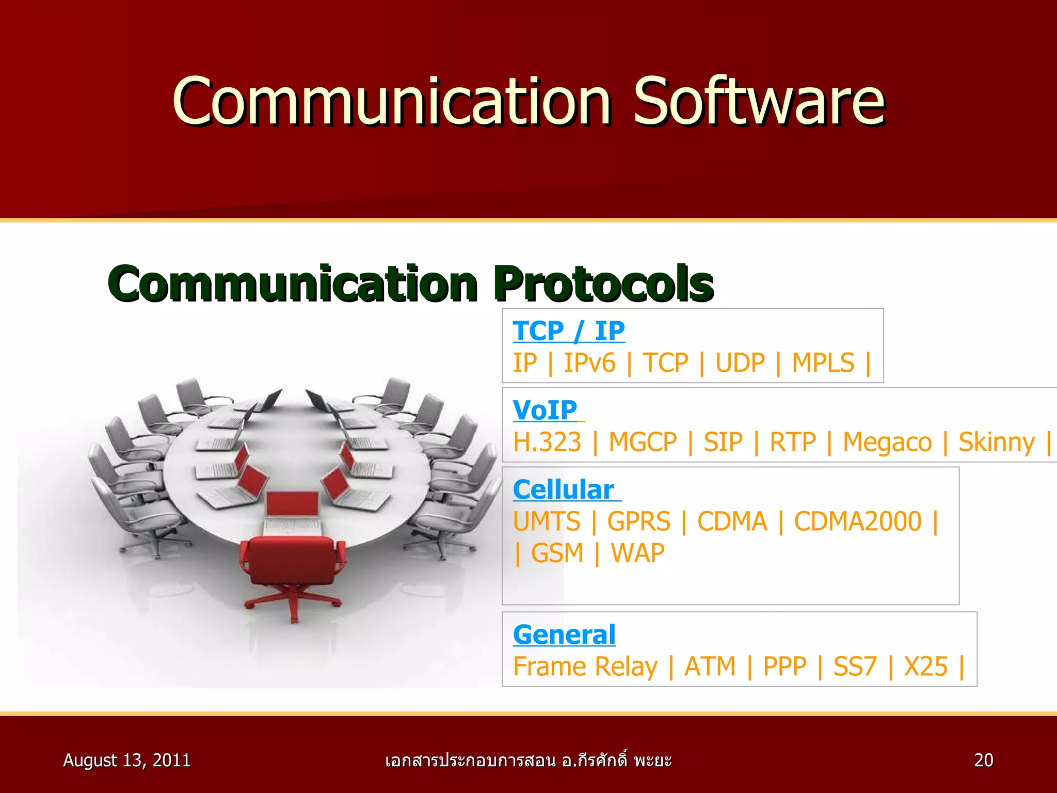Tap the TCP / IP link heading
click(568, 330)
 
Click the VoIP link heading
click(545, 410)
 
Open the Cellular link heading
click(564, 489)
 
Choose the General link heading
click(564, 634)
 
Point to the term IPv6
click(589, 362)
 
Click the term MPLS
click(823, 362)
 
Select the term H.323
click(547, 442)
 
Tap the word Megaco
click(887, 442)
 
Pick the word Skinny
click(996, 442)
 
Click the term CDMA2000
click(857, 521)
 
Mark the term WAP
click(637, 553)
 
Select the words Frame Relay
click(585, 666)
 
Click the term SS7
click(855, 666)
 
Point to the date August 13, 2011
click(126, 760)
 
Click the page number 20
click(983, 760)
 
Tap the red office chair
click(292, 568)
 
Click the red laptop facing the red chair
click(293, 509)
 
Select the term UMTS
click(547, 521)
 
